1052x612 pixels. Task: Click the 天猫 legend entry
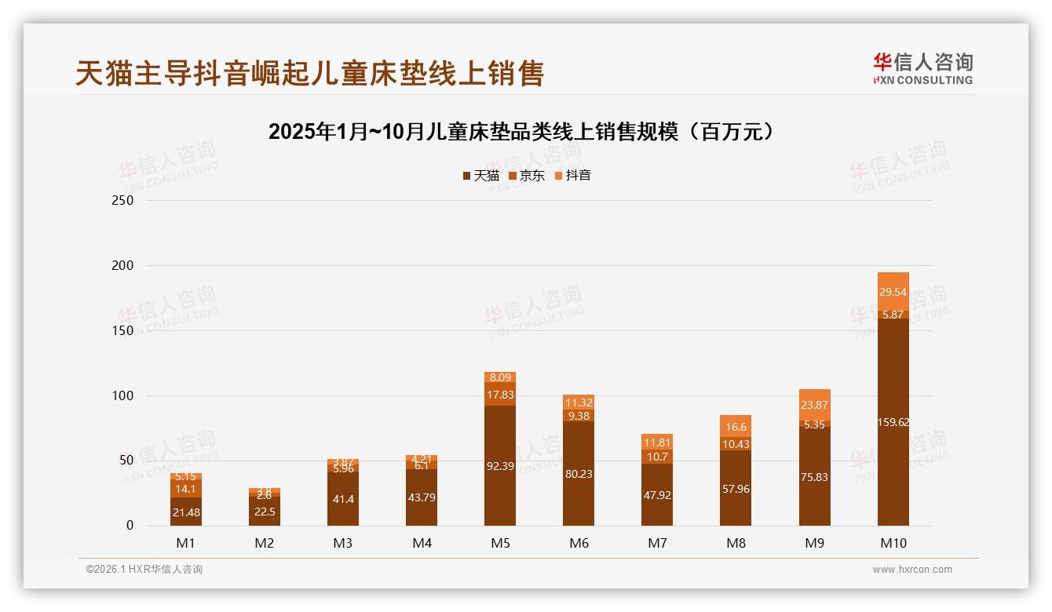pos(480,176)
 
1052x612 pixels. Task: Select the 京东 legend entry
pos(527,176)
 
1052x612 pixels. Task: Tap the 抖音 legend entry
pos(572,176)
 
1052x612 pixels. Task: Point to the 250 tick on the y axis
pos(124,201)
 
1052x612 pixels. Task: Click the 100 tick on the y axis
pos(124,395)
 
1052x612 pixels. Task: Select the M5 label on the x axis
pos(500,543)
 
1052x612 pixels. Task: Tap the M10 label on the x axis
pos(893,543)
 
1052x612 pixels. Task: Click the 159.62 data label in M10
pos(893,422)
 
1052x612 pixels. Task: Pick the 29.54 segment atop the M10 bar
pos(893,291)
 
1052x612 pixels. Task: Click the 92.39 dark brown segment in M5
pos(500,466)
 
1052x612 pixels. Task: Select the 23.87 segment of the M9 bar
pos(814,405)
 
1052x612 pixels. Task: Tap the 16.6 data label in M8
pos(736,427)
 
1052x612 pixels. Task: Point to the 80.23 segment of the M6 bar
pos(579,473)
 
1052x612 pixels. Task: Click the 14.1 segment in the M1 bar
pos(186,488)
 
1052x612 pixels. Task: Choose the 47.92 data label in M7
pos(657,495)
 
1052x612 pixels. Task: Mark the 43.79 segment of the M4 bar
pos(422,497)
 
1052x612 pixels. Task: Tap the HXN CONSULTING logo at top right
pos(922,69)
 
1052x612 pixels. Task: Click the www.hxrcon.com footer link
pos(912,570)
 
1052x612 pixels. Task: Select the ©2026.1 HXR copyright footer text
pos(144,570)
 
